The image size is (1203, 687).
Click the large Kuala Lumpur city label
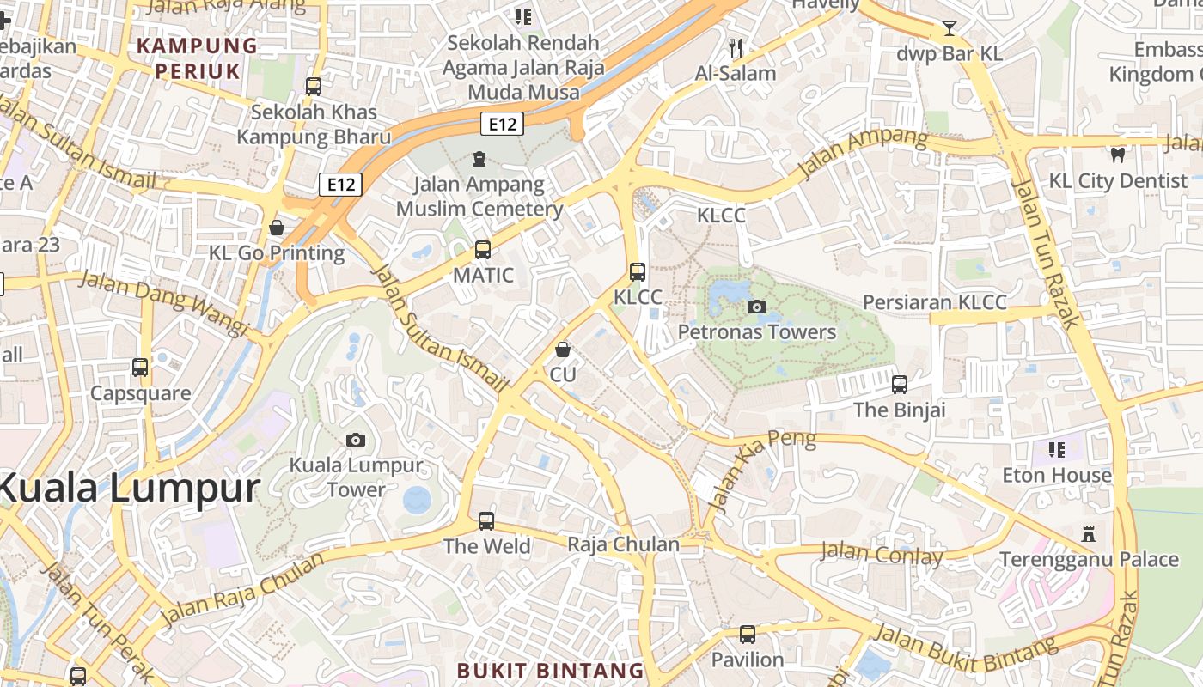pyautogui.click(x=129, y=489)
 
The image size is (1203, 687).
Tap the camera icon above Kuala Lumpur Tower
pyautogui.click(x=356, y=440)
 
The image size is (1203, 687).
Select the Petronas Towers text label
pyautogui.click(x=757, y=332)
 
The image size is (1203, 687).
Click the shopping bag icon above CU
pyautogui.click(x=563, y=350)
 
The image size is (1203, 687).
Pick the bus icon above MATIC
pyautogui.click(x=483, y=250)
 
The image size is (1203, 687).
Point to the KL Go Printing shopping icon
pyautogui.click(x=277, y=228)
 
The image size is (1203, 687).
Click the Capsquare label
pyautogui.click(x=141, y=393)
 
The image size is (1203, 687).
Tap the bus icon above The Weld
pyautogui.click(x=486, y=520)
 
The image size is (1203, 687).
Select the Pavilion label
pyautogui.click(x=748, y=660)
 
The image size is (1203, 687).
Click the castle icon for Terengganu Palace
pyautogui.click(x=1089, y=533)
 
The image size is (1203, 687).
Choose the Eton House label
pyautogui.click(x=1057, y=475)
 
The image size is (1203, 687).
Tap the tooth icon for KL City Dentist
pyautogui.click(x=1118, y=155)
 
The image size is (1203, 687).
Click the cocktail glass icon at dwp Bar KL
pyautogui.click(x=949, y=28)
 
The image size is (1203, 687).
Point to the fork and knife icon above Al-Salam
pyautogui.click(x=735, y=47)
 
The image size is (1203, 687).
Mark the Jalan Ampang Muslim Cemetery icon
pyautogui.click(x=479, y=159)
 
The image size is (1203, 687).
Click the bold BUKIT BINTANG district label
pyautogui.click(x=550, y=671)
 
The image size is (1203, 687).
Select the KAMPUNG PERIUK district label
pyautogui.click(x=198, y=58)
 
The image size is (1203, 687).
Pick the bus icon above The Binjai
pyautogui.click(x=900, y=384)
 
